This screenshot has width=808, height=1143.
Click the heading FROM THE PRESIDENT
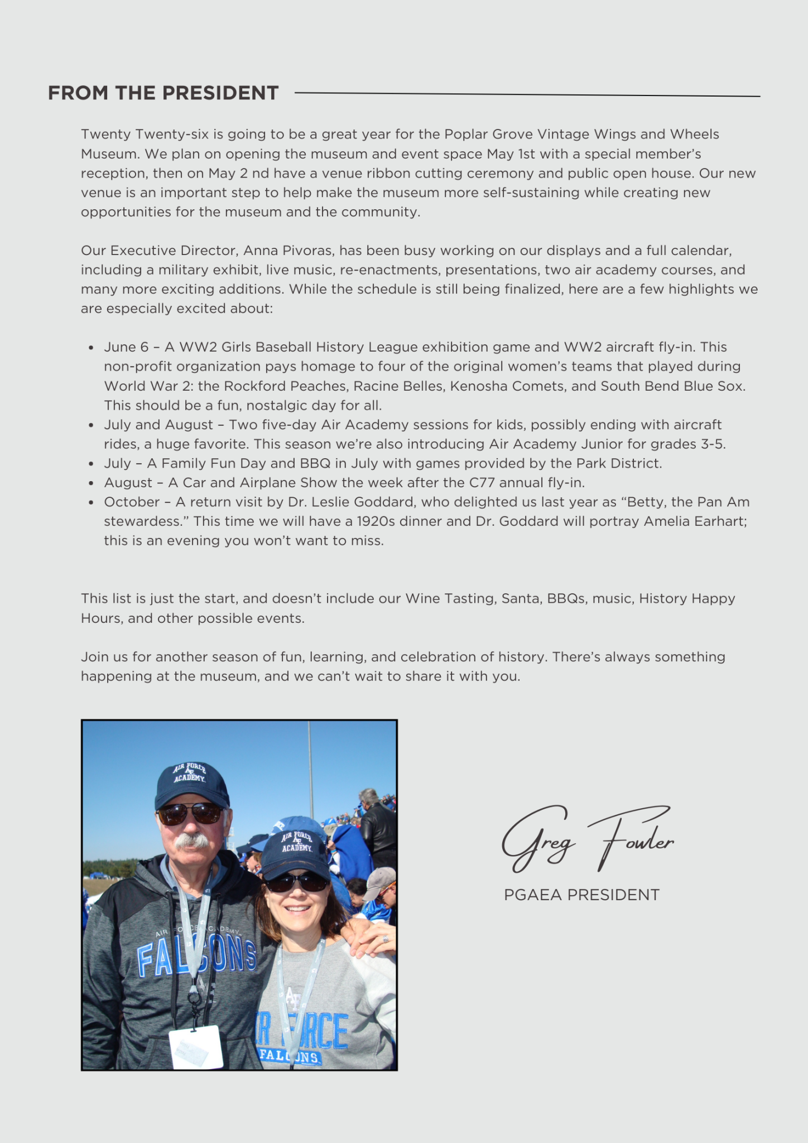pos(163,93)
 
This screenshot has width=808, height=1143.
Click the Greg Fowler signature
pos(587,839)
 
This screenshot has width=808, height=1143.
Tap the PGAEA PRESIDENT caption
pos(581,895)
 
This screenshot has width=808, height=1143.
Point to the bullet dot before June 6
pos(91,348)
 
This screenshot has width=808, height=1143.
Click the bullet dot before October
pos(91,502)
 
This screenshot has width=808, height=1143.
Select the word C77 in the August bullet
pos(482,483)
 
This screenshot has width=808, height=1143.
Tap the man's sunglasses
pos(190,814)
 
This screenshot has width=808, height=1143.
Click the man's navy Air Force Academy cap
pos(191,782)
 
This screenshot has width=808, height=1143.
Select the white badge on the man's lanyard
pos(196,1047)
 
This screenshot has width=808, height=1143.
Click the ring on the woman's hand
pos(385,939)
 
